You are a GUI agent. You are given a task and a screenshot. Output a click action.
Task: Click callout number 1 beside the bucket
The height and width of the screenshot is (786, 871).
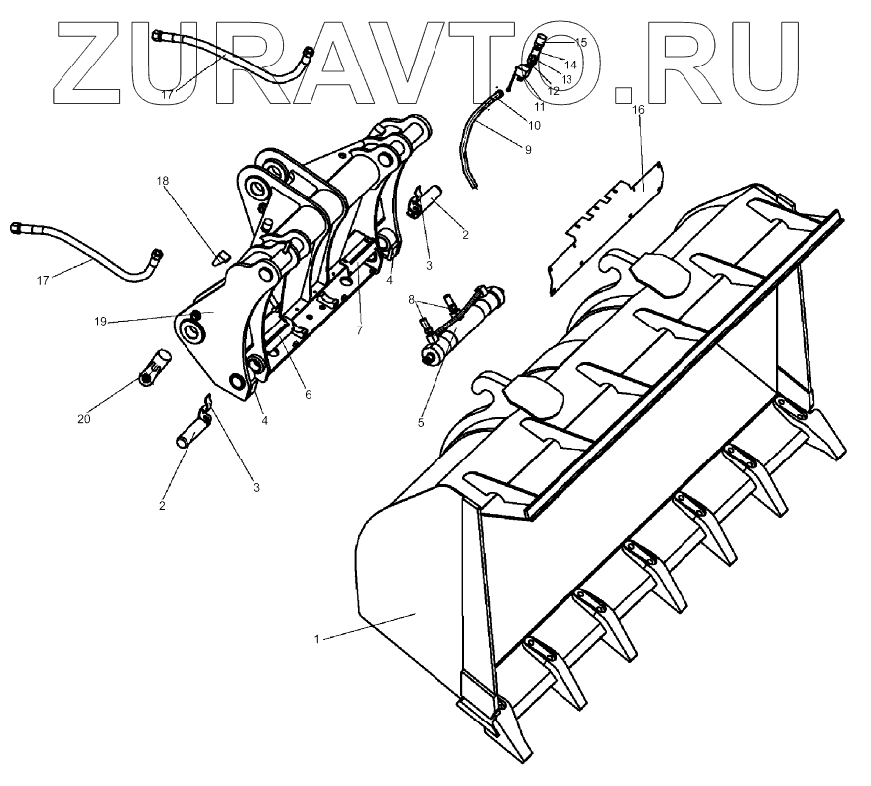pos(316,639)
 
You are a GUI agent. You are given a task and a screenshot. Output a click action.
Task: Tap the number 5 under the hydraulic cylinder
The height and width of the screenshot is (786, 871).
pos(421,422)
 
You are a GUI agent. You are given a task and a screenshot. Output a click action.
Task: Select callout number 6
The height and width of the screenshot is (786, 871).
pos(308,394)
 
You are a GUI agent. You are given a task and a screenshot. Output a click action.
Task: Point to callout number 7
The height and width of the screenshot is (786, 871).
pos(360,328)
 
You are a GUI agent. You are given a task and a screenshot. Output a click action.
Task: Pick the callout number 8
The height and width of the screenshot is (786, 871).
pos(411,298)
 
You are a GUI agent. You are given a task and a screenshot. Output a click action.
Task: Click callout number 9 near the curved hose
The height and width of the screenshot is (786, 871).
pos(528,149)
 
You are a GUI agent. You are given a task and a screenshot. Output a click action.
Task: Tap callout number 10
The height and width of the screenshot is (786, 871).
pos(535,126)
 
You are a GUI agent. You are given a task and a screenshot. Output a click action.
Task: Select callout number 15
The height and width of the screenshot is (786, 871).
pos(581,42)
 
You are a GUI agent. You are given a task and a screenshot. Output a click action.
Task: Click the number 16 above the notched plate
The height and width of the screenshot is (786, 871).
pos(638,109)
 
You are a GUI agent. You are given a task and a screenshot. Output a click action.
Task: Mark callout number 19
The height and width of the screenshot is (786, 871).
pos(101,321)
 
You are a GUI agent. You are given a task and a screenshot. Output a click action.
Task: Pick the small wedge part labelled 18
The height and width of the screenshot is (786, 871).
pos(221,257)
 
